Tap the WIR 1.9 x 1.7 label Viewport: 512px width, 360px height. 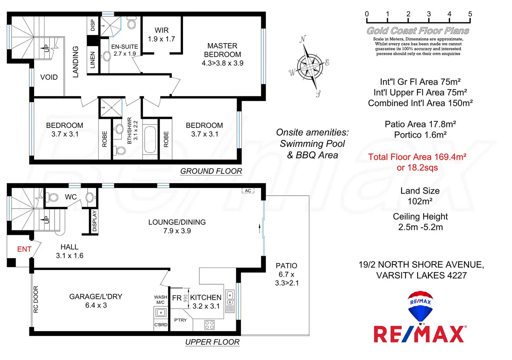tap(161, 35)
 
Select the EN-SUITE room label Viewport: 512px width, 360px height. tap(125, 47)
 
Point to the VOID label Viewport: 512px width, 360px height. tap(49, 77)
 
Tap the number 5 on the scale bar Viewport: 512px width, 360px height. tap(470, 14)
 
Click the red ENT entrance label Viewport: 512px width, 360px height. tap(24, 249)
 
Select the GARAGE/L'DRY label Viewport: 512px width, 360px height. tap(96, 297)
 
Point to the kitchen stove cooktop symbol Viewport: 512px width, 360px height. tap(209, 325)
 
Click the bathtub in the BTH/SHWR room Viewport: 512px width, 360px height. tap(150, 139)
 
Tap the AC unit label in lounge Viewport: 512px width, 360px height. tap(248, 191)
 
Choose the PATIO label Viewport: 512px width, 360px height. tap(286, 266)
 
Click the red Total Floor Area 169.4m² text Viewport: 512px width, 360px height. tap(417, 157)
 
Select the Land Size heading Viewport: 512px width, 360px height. tap(420, 191)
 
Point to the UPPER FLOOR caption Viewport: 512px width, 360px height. tap(212, 342)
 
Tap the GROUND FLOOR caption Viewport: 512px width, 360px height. tap(211, 171)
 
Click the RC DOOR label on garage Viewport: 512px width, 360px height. tap(36, 299)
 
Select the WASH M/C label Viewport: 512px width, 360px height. tap(160, 300)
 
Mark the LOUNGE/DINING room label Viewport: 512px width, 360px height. tap(177, 222)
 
